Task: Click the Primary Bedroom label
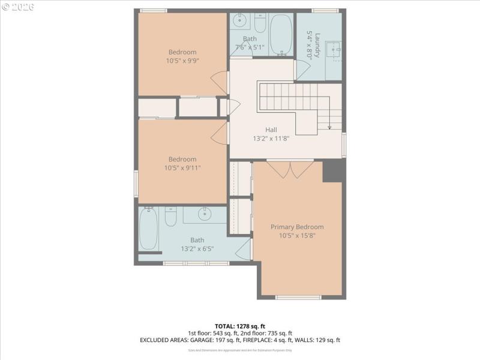tap(297, 227)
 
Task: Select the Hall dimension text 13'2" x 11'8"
tap(271, 138)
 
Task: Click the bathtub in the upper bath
tap(279, 35)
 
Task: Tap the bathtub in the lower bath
tap(148, 229)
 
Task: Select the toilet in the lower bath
tap(170, 217)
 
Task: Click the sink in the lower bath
tap(205, 213)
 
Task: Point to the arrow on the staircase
tap(329, 126)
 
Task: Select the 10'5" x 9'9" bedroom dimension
tap(182, 61)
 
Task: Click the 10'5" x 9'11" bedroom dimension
tap(182, 168)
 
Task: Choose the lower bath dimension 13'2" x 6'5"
tap(197, 248)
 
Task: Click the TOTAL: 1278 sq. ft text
tap(240, 326)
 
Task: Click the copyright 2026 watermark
tap(18, 7)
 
